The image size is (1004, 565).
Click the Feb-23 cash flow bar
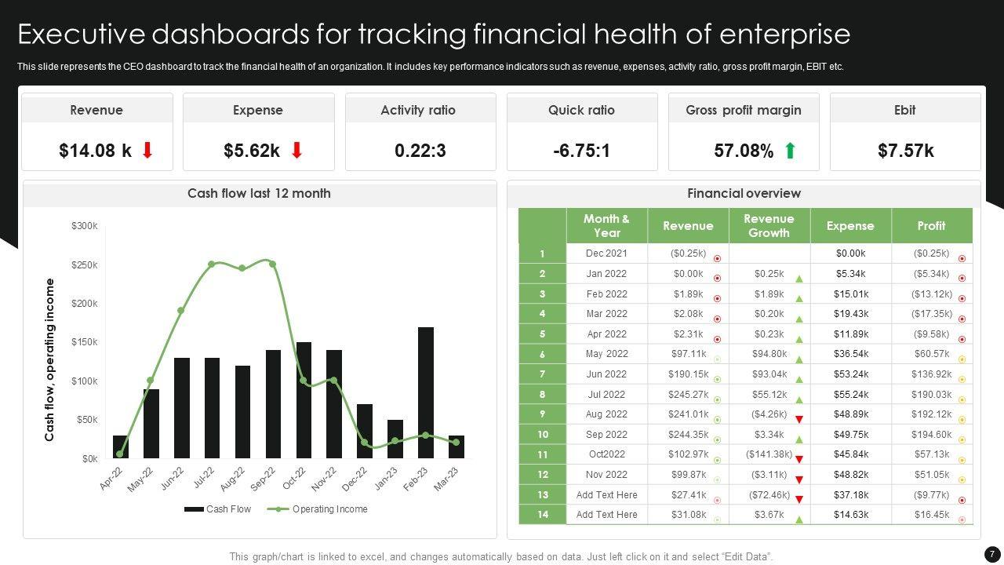(x=426, y=392)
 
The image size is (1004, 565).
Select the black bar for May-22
(x=151, y=424)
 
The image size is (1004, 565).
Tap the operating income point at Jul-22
(x=212, y=264)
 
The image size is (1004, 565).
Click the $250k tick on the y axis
(x=85, y=265)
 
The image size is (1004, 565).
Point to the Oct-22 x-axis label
(x=294, y=478)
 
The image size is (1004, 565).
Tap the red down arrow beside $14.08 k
(x=147, y=151)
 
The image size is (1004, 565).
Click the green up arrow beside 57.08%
(x=790, y=151)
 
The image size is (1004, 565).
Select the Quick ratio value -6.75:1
(x=581, y=151)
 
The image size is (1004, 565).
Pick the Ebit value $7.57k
(x=905, y=151)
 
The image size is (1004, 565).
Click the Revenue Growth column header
(x=769, y=226)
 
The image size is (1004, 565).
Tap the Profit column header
(x=931, y=226)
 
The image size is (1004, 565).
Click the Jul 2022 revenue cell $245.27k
(x=688, y=395)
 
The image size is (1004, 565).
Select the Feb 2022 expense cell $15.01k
(x=850, y=294)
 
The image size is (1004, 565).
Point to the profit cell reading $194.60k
(x=931, y=435)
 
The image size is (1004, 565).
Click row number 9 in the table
(x=542, y=414)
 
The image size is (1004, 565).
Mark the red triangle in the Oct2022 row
(x=799, y=460)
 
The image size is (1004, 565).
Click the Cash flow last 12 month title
(x=259, y=194)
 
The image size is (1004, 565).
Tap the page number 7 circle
(x=991, y=554)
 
